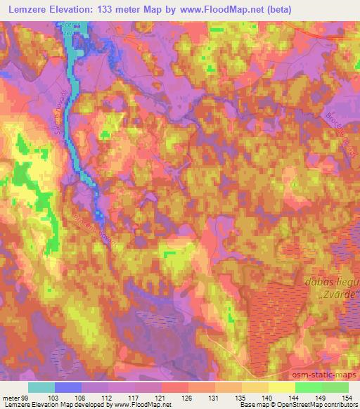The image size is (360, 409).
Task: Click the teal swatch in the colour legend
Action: (41, 387)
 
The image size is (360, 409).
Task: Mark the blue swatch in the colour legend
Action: (68, 387)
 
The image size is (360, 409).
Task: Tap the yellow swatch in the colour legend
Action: (282, 387)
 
